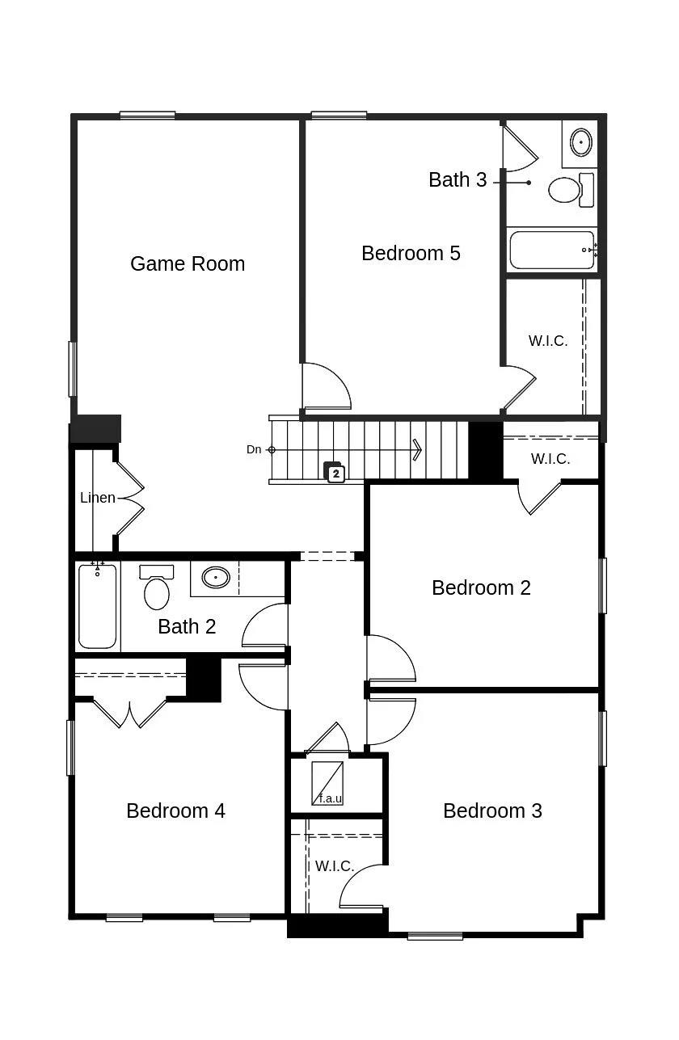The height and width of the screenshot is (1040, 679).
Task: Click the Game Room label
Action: tap(188, 263)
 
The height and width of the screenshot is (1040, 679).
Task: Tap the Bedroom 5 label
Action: tap(411, 253)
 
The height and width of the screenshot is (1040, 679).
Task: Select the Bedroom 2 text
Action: tap(481, 587)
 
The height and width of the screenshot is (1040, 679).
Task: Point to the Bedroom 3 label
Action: tap(492, 811)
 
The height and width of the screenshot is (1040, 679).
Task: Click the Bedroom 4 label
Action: tap(175, 811)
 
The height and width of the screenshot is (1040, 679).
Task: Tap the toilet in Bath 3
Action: tap(566, 190)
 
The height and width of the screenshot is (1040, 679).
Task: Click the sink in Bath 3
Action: tap(580, 142)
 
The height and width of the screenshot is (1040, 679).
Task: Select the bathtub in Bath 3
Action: tap(552, 251)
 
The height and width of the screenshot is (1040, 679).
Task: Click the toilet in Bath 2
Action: tap(157, 590)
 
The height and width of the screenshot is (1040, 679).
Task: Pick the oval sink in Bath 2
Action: tap(216, 578)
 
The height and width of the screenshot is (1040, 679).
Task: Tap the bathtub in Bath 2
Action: tap(98, 606)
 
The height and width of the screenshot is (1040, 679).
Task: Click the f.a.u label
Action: tap(330, 799)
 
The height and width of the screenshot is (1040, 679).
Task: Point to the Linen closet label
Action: tap(98, 498)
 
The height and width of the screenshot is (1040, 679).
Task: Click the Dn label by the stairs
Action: tap(254, 449)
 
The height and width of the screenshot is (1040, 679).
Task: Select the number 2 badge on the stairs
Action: tap(335, 474)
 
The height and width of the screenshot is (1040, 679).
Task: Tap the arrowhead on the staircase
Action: tap(417, 449)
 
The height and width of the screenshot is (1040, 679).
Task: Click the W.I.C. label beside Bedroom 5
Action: tap(548, 341)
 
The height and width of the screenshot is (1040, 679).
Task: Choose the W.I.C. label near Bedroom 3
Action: tap(335, 866)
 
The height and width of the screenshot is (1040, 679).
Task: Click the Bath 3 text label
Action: tap(458, 179)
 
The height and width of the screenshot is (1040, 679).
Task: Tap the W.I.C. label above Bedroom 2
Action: tap(550, 459)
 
